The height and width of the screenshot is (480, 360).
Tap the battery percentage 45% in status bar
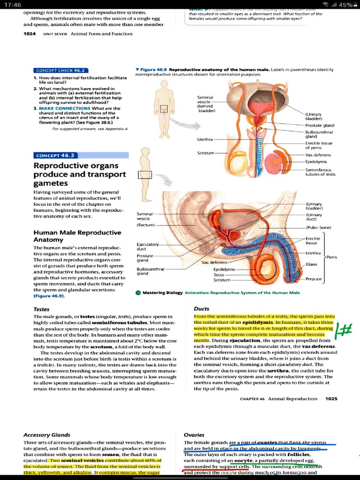[346, 5]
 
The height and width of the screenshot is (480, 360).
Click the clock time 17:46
[14, 5]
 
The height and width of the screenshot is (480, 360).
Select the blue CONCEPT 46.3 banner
[55, 155]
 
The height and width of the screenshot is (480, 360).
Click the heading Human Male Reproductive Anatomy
[77, 236]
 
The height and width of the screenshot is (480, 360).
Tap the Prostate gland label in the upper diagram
[320, 126]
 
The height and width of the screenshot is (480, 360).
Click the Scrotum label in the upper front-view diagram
[205, 153]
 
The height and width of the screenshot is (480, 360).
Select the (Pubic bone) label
[318, 227]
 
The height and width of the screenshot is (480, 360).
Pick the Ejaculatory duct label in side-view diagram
[148, 247]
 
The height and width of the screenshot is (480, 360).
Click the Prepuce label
[314, 279]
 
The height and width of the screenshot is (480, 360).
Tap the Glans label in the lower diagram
[311, 265]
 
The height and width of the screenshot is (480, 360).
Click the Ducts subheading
[202, 309]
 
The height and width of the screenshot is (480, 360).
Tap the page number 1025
[331, 399]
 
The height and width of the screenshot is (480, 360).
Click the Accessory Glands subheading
[47, 435]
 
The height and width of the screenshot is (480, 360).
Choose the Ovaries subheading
[194, 435]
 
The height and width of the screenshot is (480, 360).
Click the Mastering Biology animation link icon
[138, 292]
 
